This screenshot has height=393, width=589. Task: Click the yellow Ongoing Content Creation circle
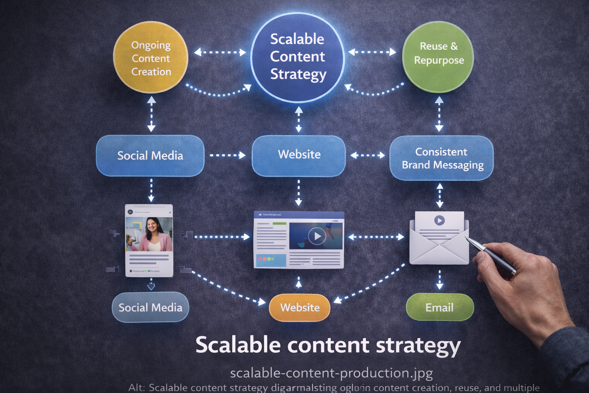click(151, 58)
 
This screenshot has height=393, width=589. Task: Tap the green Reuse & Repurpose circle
click(438, 57)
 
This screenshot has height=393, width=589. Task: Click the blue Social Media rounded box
click(150, 156)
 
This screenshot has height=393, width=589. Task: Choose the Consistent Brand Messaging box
click(441, 158)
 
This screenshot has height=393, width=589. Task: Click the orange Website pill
click(299, 307)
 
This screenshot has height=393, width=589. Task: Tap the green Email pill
click(439, 307)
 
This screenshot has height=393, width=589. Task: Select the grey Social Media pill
click(150, 307)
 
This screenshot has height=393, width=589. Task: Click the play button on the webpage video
click(317, 236)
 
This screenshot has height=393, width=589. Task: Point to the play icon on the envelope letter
click(439, 220)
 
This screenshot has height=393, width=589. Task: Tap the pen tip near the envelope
click(467, 239)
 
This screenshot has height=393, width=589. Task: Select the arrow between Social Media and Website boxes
click(228, 155)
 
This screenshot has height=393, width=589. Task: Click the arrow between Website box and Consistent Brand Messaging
click(367, 155)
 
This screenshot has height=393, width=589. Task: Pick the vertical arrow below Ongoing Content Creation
click(151, 114)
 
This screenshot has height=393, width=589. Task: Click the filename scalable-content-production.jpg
click(331, 373)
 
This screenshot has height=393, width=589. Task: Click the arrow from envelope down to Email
click(439, 280)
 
